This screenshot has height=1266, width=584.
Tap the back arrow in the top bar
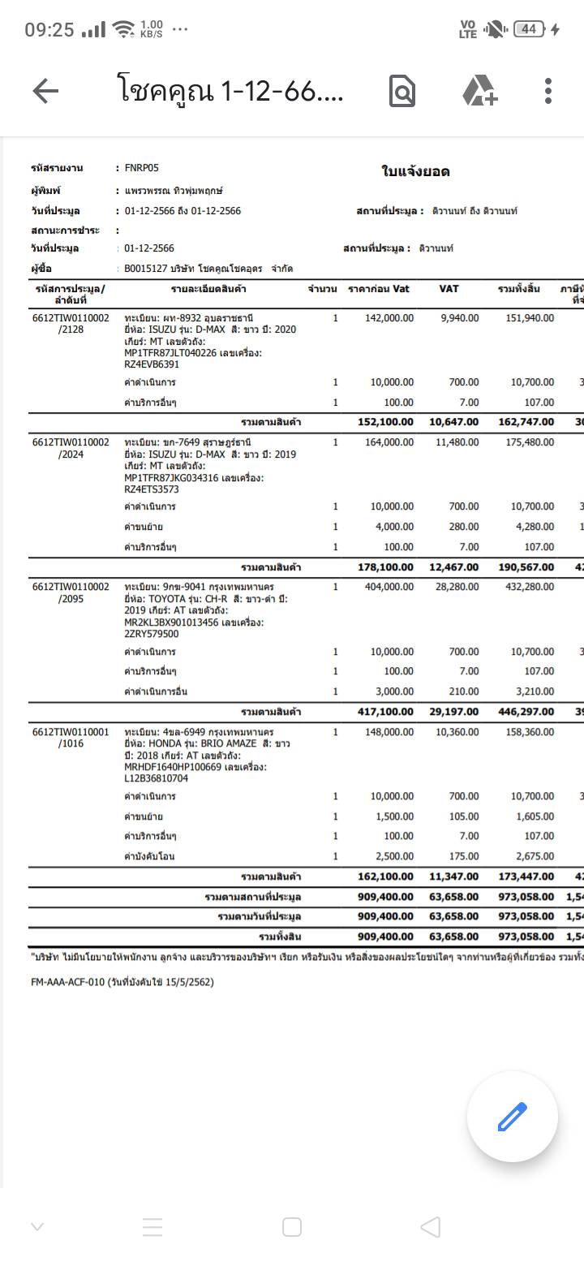45,92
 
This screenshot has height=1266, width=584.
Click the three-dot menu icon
548,92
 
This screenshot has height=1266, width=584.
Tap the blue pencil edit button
512,1117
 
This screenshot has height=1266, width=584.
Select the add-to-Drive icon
479,92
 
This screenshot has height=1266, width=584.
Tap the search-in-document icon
402,92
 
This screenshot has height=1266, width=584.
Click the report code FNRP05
142,168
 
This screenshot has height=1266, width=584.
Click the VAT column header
449,289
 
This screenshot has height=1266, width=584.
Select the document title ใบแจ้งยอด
415,172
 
